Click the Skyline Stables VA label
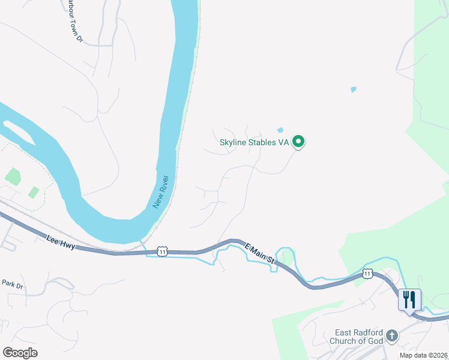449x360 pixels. pyautogui.click(x=254, y=142)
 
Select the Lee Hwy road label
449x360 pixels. pyautogui.click(x=60, y=242)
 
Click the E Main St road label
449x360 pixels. pyautogui.click(x=260, y=253)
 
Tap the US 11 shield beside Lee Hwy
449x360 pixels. pyautogui.click(x=162, y=251)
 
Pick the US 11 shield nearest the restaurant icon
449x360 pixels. pyautogui.click(x=367, y=274)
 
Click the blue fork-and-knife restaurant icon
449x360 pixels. pyautogui.click(x=409, y=299)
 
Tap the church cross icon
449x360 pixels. pyautogui.click(x=391, y=335)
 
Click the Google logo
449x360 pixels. pyautogui.click(x=20, y=352)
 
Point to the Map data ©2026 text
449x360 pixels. pyautogui.click(x=423, y=355)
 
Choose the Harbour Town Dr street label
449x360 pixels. pyautogui.click(x=72, y=21)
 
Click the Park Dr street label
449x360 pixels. pyautogui.click(x=11, y=283)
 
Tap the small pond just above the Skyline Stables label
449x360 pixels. pyautogui.click(x=280, y=130)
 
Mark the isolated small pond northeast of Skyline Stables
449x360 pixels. pyautogui.click(x=353, y=90)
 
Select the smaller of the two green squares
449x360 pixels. pyautogui.click(x=34, y=193)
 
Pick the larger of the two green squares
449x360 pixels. pyautogui.click(x=13, y=176)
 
